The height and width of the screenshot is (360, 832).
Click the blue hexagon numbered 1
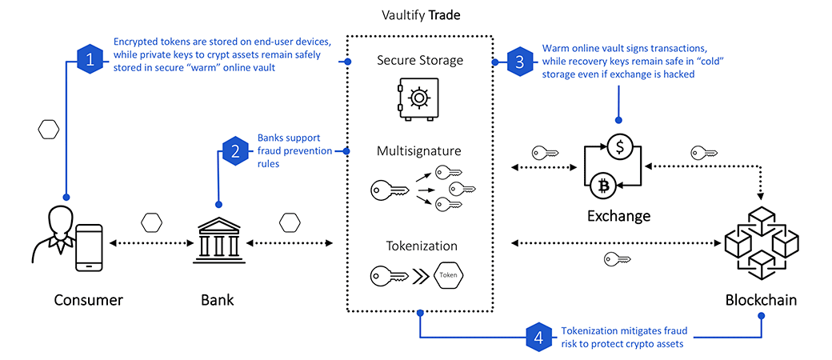tap(90, 59)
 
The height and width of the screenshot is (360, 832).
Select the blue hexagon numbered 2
tap(235, 150)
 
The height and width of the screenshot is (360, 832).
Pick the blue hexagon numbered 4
tap(539, 337)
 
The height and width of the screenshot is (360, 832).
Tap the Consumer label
tap(88, 301)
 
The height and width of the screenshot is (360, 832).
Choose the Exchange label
tap(618, 216)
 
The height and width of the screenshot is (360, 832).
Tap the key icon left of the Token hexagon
tap(390, 277)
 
